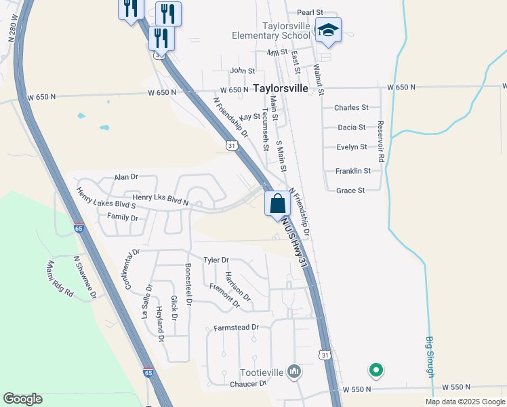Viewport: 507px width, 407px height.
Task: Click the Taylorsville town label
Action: tap(281, 88)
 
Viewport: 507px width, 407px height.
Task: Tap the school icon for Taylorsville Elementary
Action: tap(328, 31)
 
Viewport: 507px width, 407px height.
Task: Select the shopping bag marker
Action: tap(278, 202)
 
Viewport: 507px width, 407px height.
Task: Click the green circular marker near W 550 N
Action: tap(376, 370)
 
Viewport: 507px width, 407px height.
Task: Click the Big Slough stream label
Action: tap(430, 357)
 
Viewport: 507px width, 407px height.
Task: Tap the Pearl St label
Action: tap(311, 13)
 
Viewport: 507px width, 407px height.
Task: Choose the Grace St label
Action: tap(350, 191)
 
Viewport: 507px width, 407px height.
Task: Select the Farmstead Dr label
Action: tap(237, 327)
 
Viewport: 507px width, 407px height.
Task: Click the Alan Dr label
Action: tap(126, 176)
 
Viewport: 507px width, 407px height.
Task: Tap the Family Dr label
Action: tap(123, 218)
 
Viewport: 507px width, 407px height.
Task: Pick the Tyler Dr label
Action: tap(216, 260)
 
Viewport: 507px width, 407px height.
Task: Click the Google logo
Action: tap(22, 399)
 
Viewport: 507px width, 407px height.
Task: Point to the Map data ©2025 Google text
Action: tap(464, 402)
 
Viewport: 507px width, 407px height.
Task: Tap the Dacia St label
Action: tap(352, 127)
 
